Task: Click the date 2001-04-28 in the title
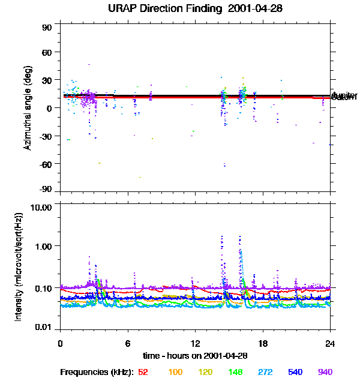(254, 9)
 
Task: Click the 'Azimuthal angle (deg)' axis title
(28, 108)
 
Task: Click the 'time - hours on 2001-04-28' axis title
(195, 355)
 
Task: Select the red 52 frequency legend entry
(143, 372)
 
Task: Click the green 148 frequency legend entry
(235, 372)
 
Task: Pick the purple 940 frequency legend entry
(325, 372)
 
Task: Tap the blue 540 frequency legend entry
(295, 372)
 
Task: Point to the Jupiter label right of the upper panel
(344, 95)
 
